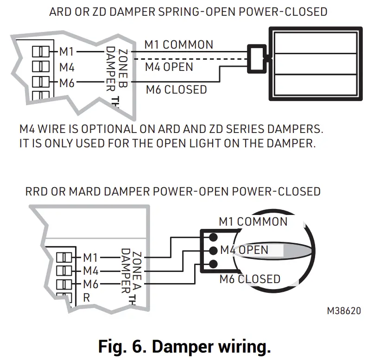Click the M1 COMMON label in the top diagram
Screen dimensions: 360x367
click(179, 45)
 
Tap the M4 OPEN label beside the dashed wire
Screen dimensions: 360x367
click(169, 67)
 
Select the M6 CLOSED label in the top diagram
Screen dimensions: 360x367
click(177, 89)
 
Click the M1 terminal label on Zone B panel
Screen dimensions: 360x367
click(67, 51)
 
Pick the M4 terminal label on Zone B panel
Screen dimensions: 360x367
click(67, 68)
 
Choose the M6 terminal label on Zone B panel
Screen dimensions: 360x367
click(67, 84)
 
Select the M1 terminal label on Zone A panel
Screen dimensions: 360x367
click(90, 257)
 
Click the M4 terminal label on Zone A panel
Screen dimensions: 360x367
click(90, 271)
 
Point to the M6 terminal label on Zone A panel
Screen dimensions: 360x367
click(90, 284)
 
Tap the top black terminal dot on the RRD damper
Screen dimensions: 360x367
click(213, 237)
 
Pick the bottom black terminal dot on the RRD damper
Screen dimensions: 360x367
click(213, 265)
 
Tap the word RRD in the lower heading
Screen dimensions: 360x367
click(38, 191)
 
